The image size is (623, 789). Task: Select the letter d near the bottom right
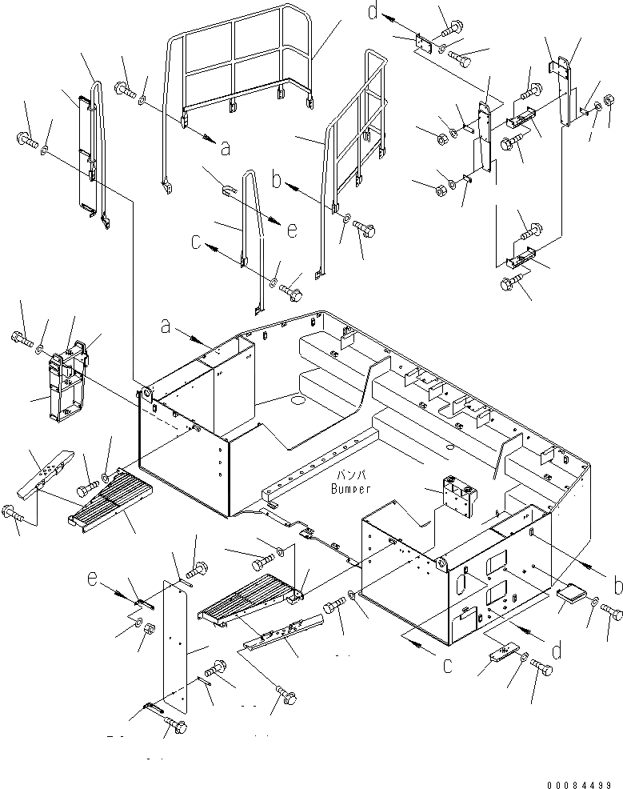(557, 651)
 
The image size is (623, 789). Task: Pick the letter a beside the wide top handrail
(225, 147)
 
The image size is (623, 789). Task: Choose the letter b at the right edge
(616, 587)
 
